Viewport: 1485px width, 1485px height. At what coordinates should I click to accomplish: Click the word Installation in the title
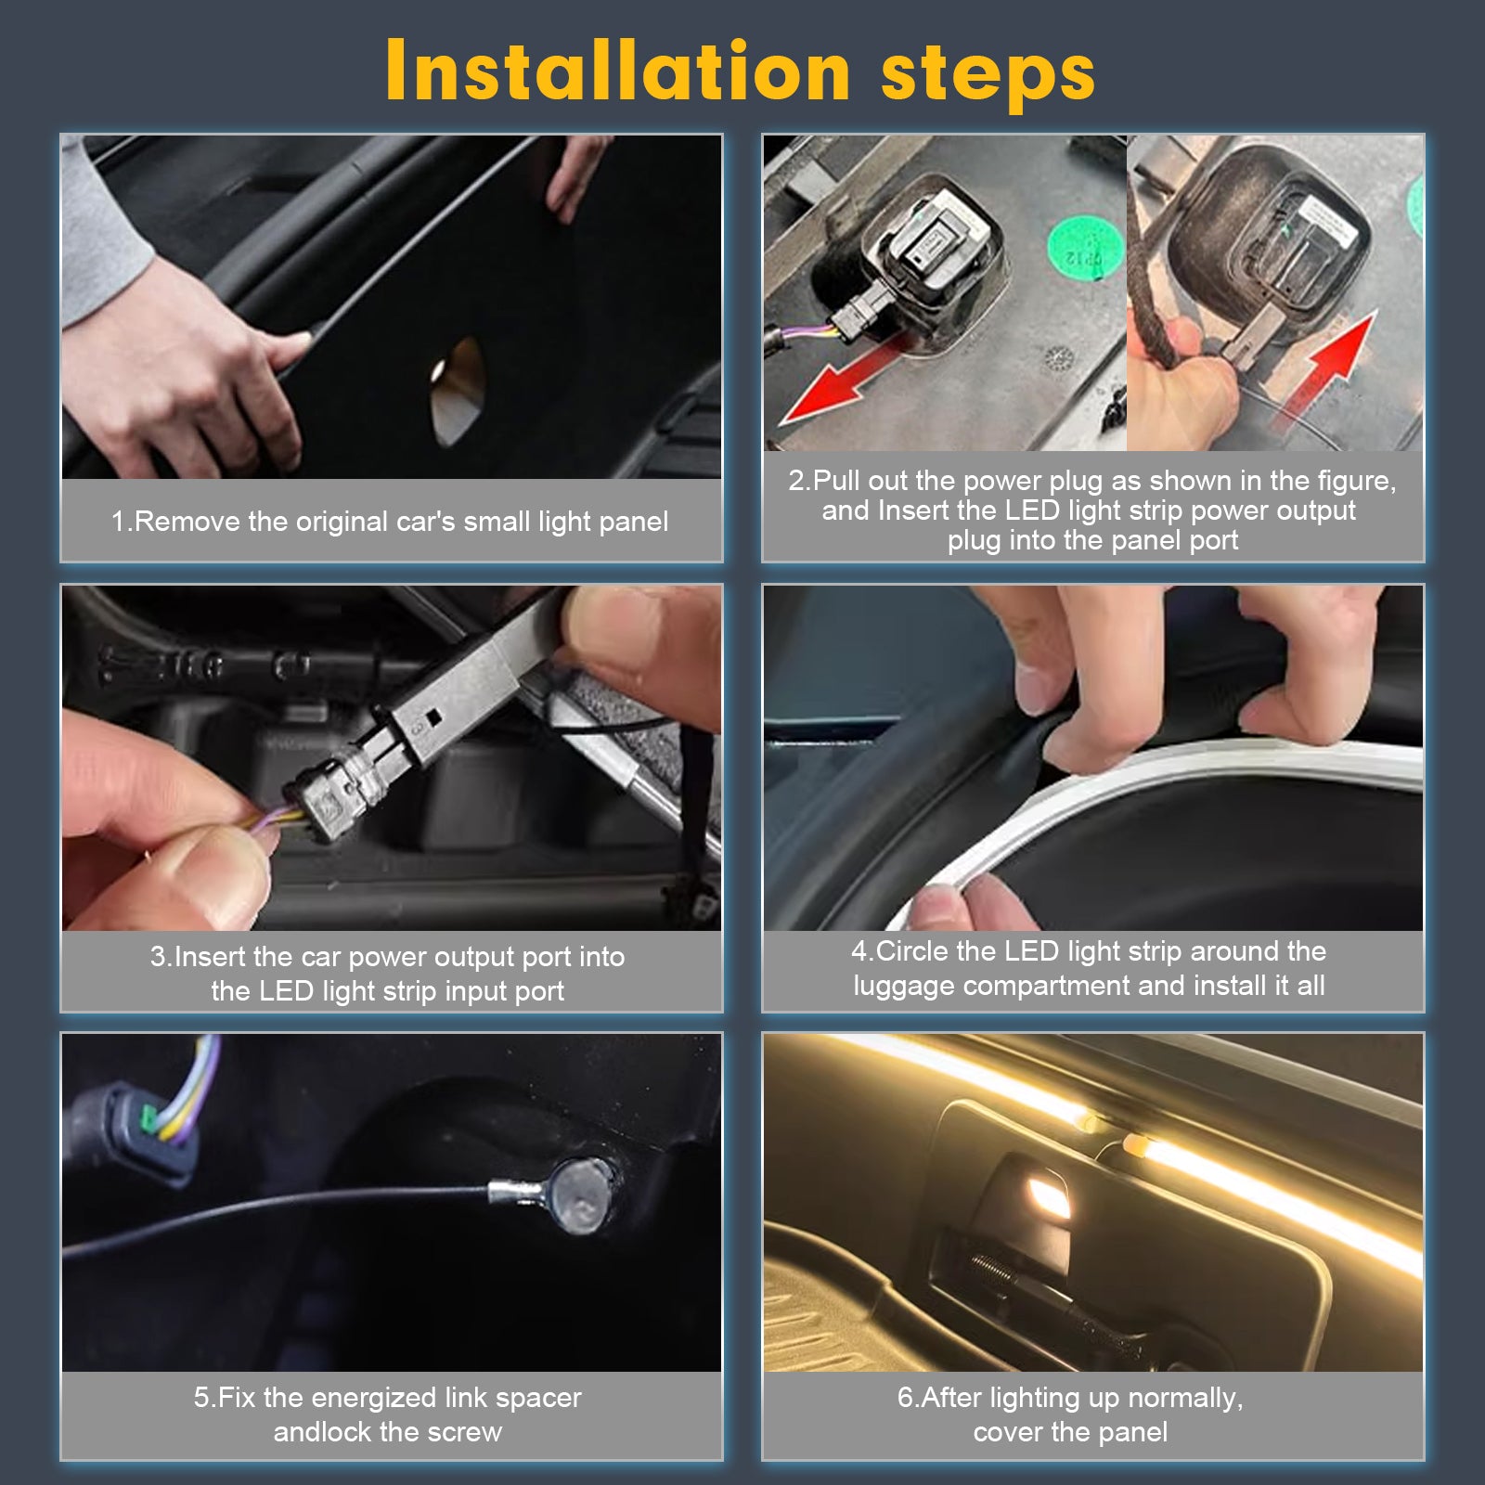[x=618, y=71]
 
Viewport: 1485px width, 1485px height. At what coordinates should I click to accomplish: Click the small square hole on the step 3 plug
[x=433, y=717]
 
